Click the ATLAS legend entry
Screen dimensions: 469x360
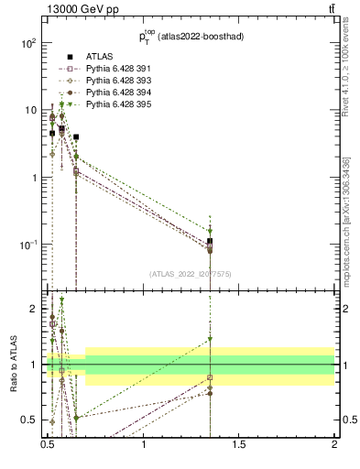[99, 58]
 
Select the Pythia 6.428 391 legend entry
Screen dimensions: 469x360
[115, 70]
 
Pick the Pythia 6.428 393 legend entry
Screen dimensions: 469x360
[115, 82]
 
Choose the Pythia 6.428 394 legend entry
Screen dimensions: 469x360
[115, 93]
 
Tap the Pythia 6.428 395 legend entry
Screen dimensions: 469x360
[115, 105]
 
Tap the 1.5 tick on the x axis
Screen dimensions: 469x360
[239, 453]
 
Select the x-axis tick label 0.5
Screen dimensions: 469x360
[48, 453]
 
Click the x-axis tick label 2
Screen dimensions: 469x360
[335, 453]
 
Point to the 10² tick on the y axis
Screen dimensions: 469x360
[27, 43]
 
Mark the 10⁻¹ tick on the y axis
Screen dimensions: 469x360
[27, 245]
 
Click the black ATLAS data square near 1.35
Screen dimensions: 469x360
[210, 241]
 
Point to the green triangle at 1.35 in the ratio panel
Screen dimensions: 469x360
[210, 339]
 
